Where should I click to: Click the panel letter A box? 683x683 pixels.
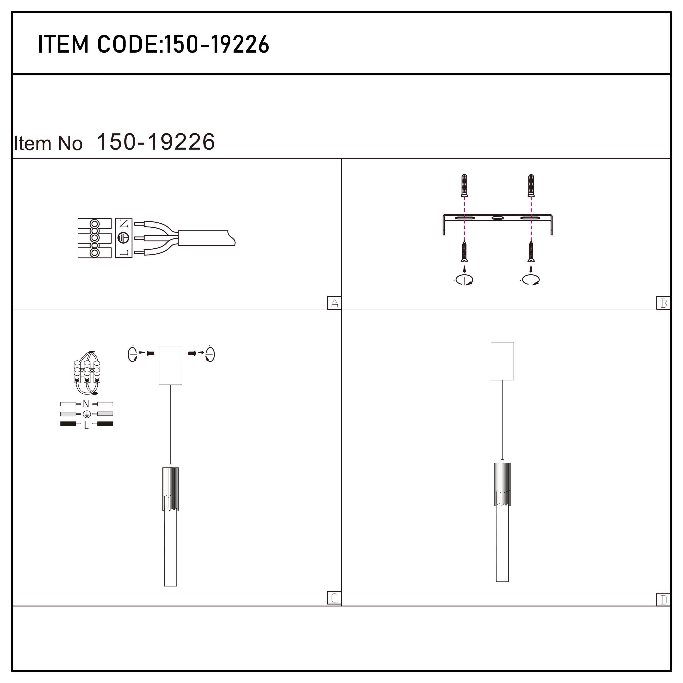tap(334, 303)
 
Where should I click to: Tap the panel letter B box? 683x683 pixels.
tap(663, 303)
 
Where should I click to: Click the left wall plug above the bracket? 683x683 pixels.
tap(464, 185)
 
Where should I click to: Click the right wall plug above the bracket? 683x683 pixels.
tap(531, 185)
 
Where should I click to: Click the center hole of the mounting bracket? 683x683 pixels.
tap(497, 218)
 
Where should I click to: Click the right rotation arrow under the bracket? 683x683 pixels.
tap(530, 280)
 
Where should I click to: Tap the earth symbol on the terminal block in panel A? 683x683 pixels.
tap(123, 237)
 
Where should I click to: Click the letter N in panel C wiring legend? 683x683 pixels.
tap(86, 404)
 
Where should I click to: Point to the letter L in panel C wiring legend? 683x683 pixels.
tap(86, 425)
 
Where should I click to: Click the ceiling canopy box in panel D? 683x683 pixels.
tap(502, 361)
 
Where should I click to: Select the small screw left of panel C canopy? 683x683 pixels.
tap(150, 353)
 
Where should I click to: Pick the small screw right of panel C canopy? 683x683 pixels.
tap(192, 353)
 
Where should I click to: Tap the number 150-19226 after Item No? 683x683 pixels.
tap(155, 142)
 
